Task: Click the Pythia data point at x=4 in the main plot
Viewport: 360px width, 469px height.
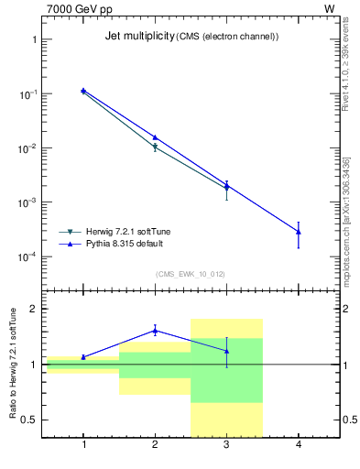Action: (299, 232)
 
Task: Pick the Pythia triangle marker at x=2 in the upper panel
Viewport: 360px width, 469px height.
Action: (155, 137)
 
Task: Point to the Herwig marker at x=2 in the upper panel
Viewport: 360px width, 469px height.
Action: (155, 147)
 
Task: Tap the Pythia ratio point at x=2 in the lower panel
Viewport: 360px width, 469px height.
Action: (155, 331)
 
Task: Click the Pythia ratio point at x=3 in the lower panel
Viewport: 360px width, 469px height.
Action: (226, 351)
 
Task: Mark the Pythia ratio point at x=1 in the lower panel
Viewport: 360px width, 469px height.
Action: (83, 357)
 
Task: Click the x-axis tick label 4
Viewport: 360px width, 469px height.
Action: (299, 445)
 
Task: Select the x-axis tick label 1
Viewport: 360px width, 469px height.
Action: (83, 445)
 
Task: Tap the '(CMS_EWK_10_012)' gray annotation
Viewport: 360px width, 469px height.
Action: (191, 274)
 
